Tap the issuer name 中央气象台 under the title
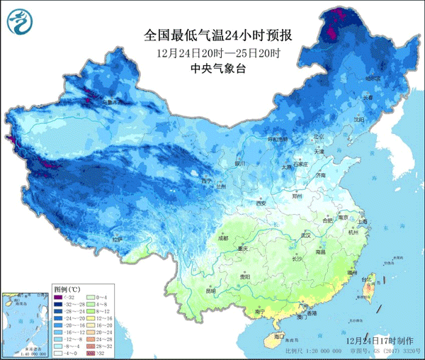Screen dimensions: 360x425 click(218, 69)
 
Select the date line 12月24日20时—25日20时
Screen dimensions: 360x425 click(218, 52)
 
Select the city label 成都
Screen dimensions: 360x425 click(224, 239)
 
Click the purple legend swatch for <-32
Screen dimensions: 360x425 click(60, 297)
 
